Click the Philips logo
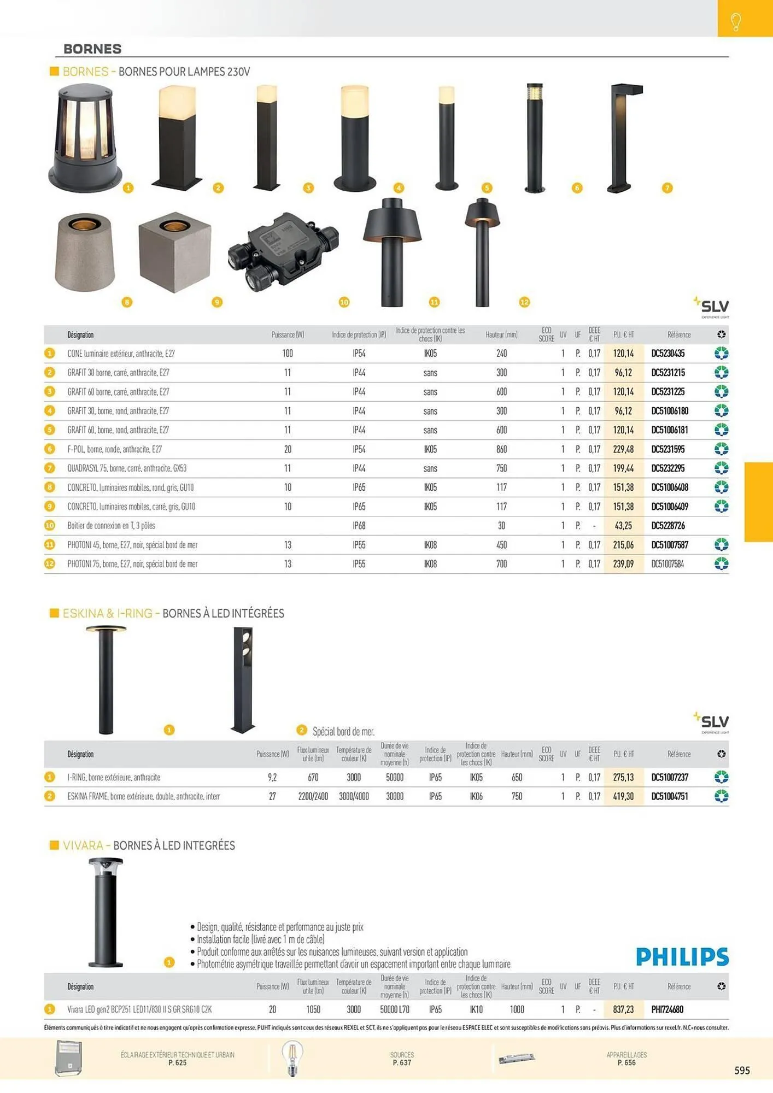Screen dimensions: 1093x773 click(x=682, y=956)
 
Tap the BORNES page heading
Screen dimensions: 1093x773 click(x=92, y=49)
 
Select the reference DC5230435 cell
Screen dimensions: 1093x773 click(x=667, y=354)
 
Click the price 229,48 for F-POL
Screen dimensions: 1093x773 click(x=623, y=449)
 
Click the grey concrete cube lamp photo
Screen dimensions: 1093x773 click(x=174, y=252)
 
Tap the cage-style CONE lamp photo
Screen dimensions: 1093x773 click(x=85, y=138)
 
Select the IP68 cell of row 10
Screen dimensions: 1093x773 click(x=359, y=526)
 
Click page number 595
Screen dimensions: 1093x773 click(x=742, y=1070)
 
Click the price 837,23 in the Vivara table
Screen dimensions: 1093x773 click(x=623, y=1009)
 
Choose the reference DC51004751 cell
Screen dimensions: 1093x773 click(x=669, y=796)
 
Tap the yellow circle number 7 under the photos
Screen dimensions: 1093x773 click(x=666, y=188)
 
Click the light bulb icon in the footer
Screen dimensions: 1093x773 click(x=292, y=1059)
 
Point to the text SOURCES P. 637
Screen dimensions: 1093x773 click(x=402, y=1059)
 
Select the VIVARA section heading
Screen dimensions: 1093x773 click(x=148, y=845)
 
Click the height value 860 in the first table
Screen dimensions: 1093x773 click(x=501, y=449)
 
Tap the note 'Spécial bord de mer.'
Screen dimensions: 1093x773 click(x=343, y=731)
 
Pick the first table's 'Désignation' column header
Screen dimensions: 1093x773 click(x=80, y=334)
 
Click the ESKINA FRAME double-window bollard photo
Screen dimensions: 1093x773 click(x=243, y=679)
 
